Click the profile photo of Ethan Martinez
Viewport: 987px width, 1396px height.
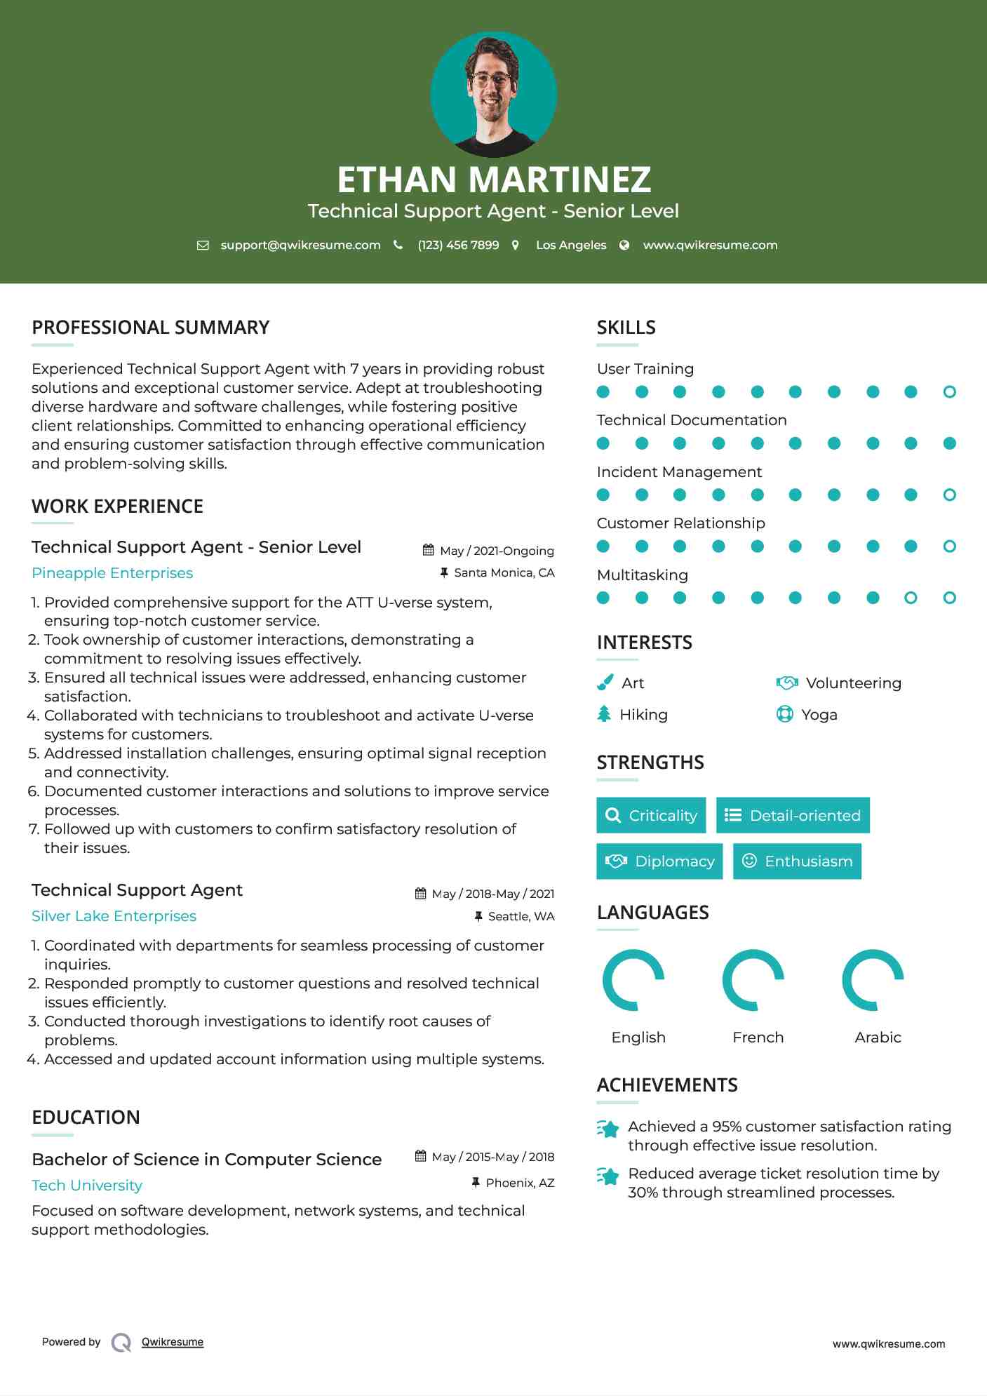click(x=493, y=94)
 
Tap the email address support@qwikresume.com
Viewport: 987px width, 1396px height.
click(x=300, y=245)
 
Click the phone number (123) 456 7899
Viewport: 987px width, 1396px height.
click(x=458, y=245)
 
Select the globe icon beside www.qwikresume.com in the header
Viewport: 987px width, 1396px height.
click(x=624, y=245)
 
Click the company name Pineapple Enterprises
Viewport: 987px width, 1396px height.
click(x=112, y=573)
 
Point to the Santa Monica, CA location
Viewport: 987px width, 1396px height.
click(x=504, y=573)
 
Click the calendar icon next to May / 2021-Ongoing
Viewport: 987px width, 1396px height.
click(x=428, y=550)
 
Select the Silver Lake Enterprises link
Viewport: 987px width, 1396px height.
click(x=114, y=916)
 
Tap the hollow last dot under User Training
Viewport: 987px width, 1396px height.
click(x=949, y=392)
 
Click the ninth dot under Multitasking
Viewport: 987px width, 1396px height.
click(x=911, y=598)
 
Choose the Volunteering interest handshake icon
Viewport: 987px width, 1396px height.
click(x=787, y=683)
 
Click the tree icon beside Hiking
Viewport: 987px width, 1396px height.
click(x=604, y=714)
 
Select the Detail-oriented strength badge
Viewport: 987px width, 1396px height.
click(x=793, y=815)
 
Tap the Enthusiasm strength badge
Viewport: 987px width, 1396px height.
click(x=797, y=861)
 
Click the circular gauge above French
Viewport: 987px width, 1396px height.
click(x=753, y=980)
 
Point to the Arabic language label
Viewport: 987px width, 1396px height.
click(x=878, y=1038)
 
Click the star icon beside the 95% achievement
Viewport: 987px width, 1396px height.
click(x=608, y=1129)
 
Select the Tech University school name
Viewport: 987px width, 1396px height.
click(x=87, y=1186)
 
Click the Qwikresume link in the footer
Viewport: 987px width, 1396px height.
click(x=173, y=1342)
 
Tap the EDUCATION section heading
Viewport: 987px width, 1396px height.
click(x=86, y=1118)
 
